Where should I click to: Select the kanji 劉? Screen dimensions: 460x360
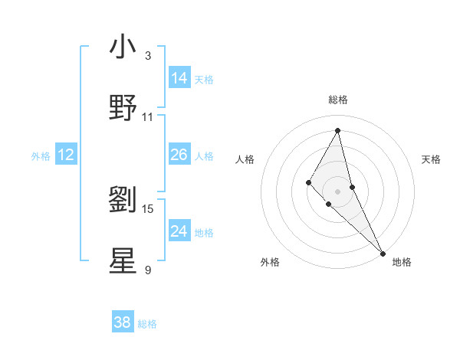point(123,200)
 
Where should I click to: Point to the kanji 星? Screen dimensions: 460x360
point(123,261)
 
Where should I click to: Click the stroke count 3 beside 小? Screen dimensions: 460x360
point(148,56)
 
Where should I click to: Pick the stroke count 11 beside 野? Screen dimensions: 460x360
point(148,117)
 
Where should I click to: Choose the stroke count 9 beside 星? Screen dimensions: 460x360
point(148,270)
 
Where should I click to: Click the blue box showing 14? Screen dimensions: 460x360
point(179,77)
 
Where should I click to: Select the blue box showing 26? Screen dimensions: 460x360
point(179,154)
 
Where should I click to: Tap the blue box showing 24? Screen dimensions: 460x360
point(179,231)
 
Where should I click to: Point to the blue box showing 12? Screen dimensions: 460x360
point(66,155)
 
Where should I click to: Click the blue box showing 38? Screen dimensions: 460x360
point(123,322)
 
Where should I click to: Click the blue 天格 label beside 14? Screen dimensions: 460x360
point(204,79)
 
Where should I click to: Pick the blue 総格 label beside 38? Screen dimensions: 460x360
point(147,324)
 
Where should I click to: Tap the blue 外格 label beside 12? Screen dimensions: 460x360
point(41,156)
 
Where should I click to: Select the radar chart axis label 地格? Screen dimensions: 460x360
point(402,262)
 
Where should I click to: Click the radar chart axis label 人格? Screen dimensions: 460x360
point(245,159)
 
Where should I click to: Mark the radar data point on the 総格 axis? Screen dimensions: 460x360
point(337,129)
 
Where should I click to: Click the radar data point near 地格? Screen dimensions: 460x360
point(383,253)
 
